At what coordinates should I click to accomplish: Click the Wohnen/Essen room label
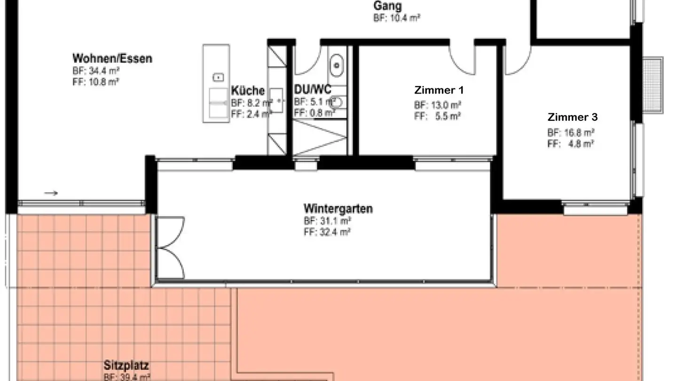(x=112, y=59)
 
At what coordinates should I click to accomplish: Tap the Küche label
(x=248, y=91)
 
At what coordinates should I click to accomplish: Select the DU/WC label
(x=313, y=89)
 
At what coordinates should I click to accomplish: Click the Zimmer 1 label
(x=439, y=90)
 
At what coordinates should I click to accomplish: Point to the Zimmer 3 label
(x=572, y=117)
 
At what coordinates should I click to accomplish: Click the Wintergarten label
(x=338, y=208)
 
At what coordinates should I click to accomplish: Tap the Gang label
(x=387, y=6)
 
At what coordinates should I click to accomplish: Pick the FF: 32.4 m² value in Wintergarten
(x=327, y=232)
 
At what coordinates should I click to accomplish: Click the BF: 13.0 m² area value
(x=437, y=105)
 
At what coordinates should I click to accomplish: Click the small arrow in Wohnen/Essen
(x=51, y=193)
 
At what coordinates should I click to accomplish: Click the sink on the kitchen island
(x=218, y=76)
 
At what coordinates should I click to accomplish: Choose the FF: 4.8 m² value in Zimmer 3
(x=570, y=144)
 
